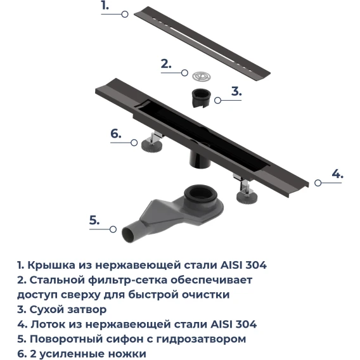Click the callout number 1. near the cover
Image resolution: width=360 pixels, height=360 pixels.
[105, 6]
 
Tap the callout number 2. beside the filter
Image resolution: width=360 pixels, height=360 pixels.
[166, 64]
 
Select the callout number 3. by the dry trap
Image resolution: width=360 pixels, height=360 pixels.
[236, 91]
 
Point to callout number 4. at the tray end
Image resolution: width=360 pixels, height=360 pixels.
[337, 174]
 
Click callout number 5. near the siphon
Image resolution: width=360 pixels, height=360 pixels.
[94, 221]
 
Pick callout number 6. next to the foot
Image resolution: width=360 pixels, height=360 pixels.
[116, 134]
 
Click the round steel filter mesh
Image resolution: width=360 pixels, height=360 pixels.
[202, 76]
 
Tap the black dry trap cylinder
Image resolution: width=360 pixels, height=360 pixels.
[202, 99]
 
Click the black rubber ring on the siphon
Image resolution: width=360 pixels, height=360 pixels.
[200, 193]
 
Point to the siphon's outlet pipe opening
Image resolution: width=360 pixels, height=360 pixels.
[128, 235]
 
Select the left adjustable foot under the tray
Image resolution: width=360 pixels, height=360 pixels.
[152, 142]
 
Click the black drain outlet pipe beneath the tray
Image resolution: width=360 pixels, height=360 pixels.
[200, 159]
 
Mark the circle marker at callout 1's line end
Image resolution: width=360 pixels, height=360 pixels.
[125, 14]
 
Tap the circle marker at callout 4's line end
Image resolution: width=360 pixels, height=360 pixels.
[318, 183]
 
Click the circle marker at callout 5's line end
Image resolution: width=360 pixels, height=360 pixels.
[113, 229]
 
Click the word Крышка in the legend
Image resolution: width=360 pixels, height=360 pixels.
[51, 265]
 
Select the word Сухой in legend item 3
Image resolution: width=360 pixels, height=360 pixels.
[47, 309]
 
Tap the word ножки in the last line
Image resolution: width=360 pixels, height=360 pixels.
[127, 354]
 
